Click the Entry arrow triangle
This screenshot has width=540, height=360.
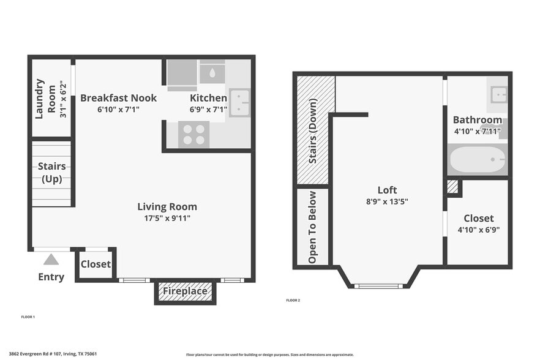(51, 260)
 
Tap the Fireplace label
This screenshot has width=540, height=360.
(185, 291)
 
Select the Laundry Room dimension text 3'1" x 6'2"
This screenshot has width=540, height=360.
(63, 99)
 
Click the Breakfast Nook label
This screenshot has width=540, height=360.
(119, 98)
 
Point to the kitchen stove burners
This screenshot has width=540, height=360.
(194, 134)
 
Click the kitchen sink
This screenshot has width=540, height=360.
(240, 103)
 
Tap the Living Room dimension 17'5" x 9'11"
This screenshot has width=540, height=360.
(167, 218)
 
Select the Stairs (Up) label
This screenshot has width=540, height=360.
(51, 173)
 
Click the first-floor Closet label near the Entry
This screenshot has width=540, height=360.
(96, 264)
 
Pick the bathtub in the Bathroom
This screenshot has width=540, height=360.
(478, 160)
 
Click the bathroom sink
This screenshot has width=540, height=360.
(499, 94)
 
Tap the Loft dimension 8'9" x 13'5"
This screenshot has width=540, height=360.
(387, 201)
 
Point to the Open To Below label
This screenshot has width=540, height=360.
(312, 227)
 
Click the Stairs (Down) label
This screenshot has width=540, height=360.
(313, 131)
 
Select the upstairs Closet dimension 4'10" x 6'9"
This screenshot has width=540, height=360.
(479, 230)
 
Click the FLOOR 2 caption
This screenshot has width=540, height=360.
(293, 301)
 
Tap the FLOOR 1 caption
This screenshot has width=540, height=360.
(28, 317)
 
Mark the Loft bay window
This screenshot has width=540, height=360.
(378, 286)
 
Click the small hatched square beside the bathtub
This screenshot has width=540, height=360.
(452, 186)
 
